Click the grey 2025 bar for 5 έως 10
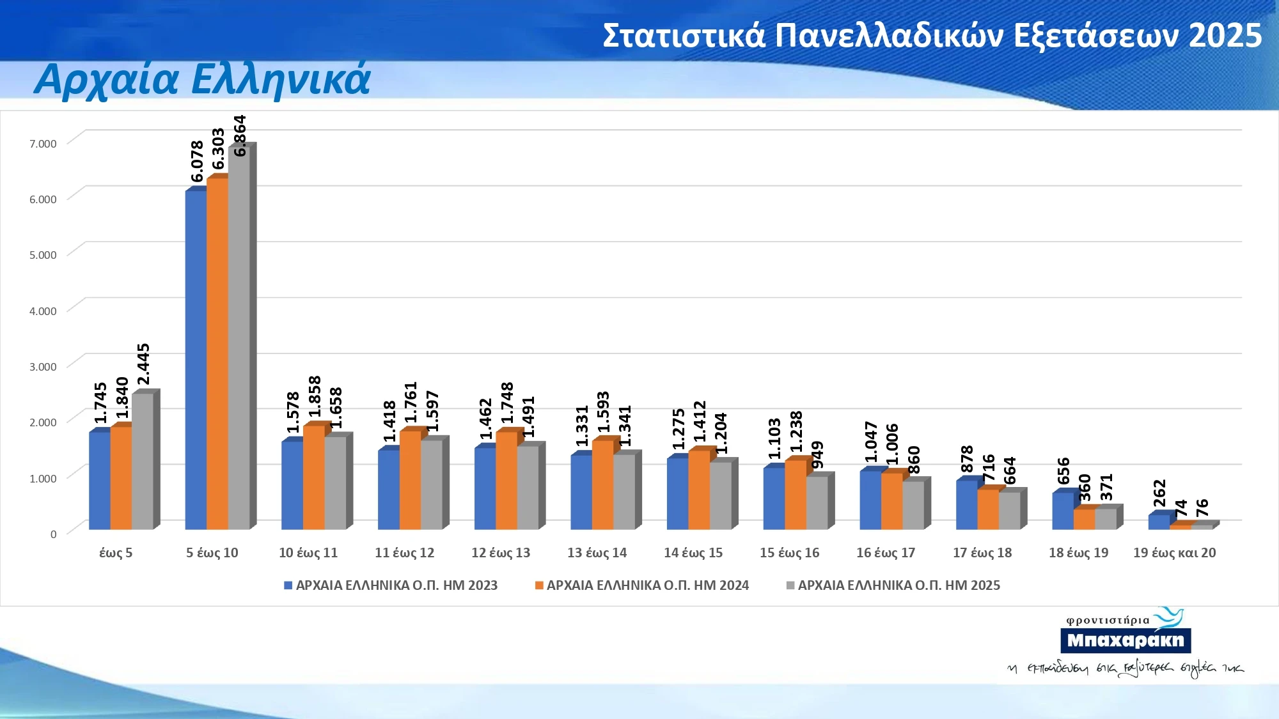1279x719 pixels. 239,339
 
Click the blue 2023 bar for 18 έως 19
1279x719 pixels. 1062,511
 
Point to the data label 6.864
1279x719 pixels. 240,135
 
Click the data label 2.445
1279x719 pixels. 143,364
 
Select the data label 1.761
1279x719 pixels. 411,403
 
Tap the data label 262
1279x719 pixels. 1159,493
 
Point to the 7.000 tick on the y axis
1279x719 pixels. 43,144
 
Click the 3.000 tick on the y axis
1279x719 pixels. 43,367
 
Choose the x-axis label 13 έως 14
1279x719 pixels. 597,553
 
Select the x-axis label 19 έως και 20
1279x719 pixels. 1174,553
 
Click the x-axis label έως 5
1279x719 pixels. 116,553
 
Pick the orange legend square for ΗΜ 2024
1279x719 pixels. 539,585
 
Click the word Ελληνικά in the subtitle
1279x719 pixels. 281,79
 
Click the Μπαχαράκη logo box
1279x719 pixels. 1126,640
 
